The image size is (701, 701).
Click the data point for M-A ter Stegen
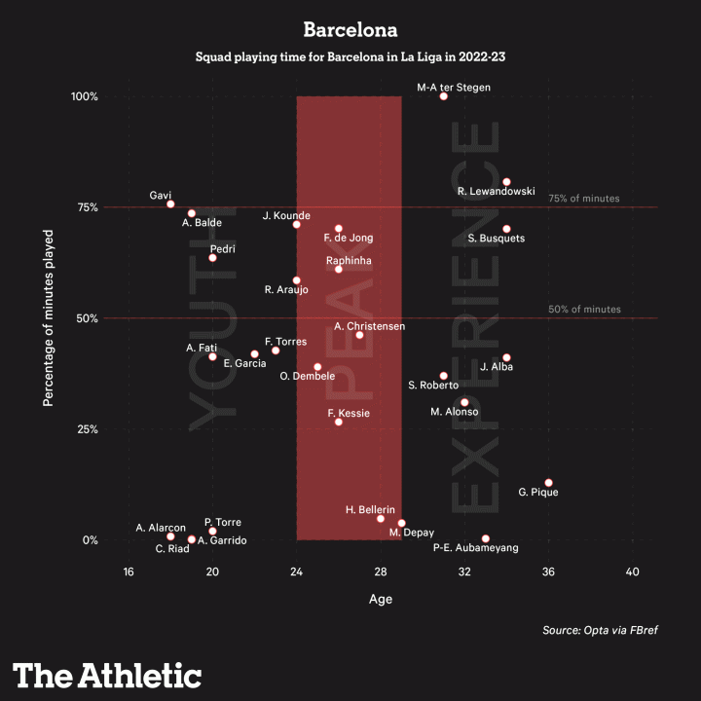[x=443, y=96]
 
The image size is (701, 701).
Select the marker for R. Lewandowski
[x=506, y=182]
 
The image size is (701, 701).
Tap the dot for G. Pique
[x=548, y=483]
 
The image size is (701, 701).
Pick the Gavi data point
[x=170, y=204]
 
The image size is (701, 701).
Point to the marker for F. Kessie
[x=338, y=422]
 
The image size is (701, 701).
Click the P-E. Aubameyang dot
[x=485, y=538]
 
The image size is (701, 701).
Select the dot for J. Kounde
[x=296, y=225]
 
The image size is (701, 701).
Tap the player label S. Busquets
[x=497, y=238]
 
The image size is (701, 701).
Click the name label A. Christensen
[x=369, y=326]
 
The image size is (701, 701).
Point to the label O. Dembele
[x=307, y=376]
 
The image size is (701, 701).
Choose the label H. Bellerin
[x=370, y=509]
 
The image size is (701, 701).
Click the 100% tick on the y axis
[x=84, y=96]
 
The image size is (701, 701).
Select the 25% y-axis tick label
[x=87, y=429]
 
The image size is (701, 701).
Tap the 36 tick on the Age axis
[x=548, y=572]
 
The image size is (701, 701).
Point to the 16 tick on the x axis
[x=128, y=572]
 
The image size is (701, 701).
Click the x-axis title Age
[x=380, y=600]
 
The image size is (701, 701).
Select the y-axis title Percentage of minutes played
[x=48, y=318]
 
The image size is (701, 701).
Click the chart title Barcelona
[x=350, y=30]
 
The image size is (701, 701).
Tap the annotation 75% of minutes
[x=584, y=199]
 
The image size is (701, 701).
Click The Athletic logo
[x=107, y=675]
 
